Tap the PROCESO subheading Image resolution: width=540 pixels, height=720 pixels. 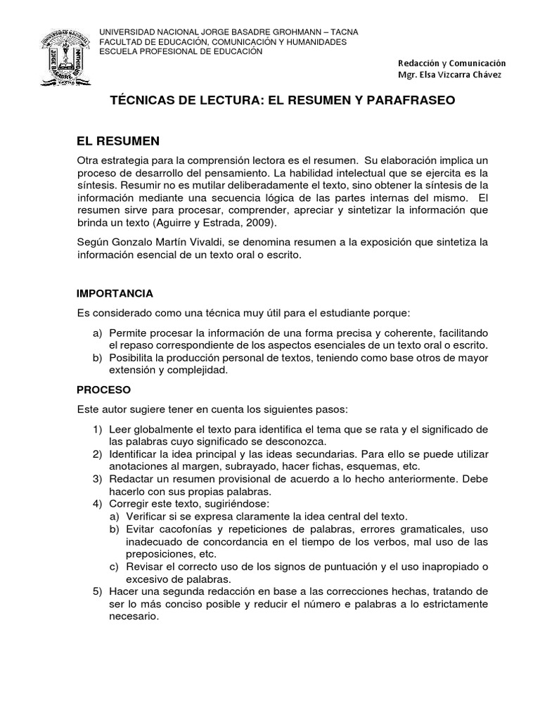(103, 389)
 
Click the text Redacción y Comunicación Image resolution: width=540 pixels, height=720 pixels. (451, 63)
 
